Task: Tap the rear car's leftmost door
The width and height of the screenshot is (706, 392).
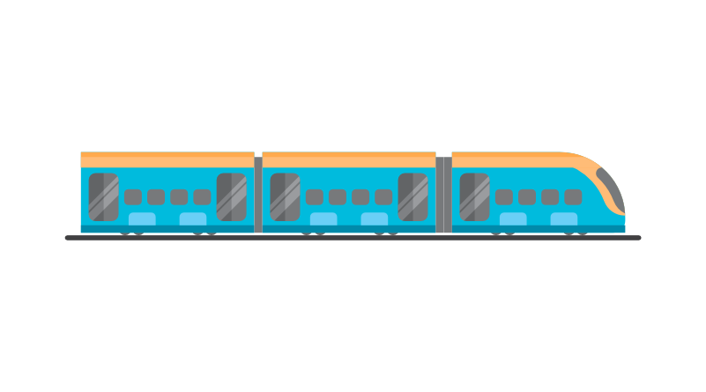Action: click(x=103, y=196)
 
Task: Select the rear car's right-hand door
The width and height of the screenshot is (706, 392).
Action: click(x=231, y=196)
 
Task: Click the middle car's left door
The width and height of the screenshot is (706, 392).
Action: click(x=285, y=196)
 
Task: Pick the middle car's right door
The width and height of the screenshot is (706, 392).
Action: click(x=412, y=196)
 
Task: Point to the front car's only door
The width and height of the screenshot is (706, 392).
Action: click(x=474, y=196)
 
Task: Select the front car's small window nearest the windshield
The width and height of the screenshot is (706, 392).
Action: click(x=573, y=196)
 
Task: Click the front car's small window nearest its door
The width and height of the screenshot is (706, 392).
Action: click(x=504, y=196)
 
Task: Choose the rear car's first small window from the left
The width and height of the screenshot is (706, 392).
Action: click(x=133, y=196)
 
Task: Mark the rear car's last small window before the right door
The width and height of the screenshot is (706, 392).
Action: click(x=202, y=196)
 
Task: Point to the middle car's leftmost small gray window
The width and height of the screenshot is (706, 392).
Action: click(x=315, y=196)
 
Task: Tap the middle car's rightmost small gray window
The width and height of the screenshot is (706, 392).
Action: click(x=383, y=196)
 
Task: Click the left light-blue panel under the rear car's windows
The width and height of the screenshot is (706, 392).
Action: click(x=142, y=218)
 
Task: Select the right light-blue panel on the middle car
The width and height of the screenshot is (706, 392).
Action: click(x=374, y=218)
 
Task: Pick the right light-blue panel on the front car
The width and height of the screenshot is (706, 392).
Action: click(x=564, y=218)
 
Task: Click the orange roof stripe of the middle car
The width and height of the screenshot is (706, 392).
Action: click(x=349, y=159)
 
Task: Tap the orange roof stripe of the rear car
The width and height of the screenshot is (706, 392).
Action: click(x=167, y=159)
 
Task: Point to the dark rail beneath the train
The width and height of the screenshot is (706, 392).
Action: click(x=353, y=238)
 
